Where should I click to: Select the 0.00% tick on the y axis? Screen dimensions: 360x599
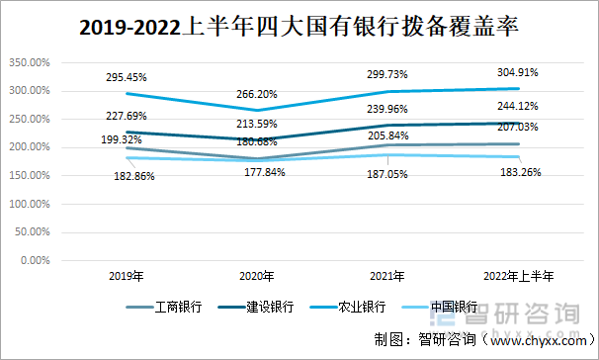tap(34, 261)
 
